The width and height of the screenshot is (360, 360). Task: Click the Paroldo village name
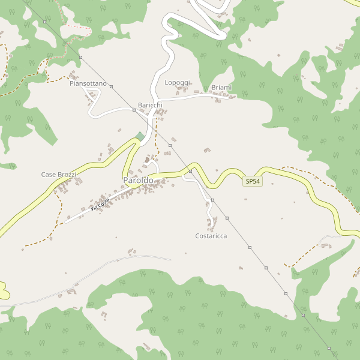pyautogui.click(x=137, y=180)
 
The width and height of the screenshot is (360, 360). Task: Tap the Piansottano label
pyautogui.click(x=88, y=83)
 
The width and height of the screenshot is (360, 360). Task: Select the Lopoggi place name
pyautogui.click(x=177, y=82)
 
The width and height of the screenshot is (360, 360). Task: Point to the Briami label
pyautogui.click(x=221, y=88)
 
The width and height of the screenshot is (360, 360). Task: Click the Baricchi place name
pyautogui.click(x=150, y=105)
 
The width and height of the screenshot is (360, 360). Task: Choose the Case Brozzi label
pyautogui.click(x=58, y=175)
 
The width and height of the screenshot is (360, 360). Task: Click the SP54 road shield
pyautogui.click(x=253, y=181)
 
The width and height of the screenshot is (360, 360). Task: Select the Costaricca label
pyautogui.click(x=211, y=236)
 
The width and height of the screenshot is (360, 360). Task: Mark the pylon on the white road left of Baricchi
pyautogui.click(x=133, y=110)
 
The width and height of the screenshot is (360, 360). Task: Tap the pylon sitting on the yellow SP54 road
pyautogui.click(x=190, y=171)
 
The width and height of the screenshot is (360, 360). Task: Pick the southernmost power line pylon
pyautogui.click(x=329, y=348)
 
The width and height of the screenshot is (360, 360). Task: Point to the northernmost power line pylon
pyautogui.click(x=44, y=21)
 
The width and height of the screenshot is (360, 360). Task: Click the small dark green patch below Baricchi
pyautogui.click(x=140, y=136)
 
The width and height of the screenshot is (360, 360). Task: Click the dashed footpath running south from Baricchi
pyautogui.click(x=156, y=138)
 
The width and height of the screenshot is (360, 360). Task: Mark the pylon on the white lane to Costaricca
pyautogui.click(x=212, y=200)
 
